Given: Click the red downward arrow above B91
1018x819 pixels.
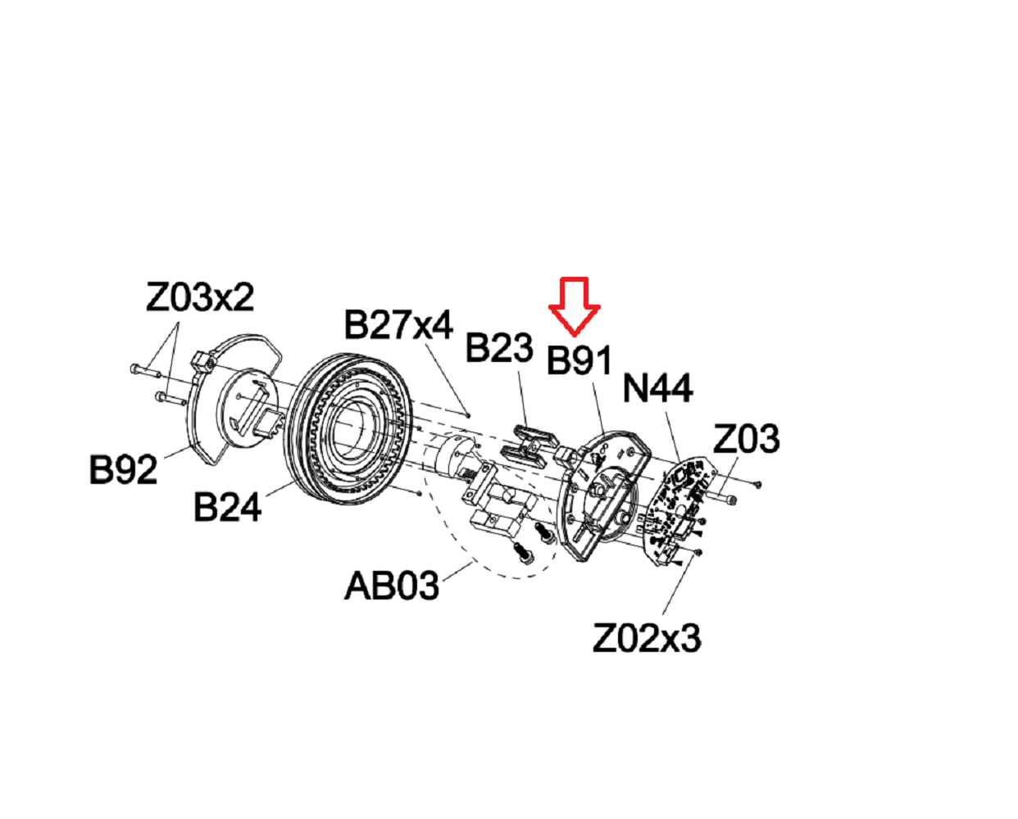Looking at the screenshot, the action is pyautogui.click(x=574, y=305).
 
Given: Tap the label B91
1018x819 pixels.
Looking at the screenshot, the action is pyautogui.click(x=579, y=360).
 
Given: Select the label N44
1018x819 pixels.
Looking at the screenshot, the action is pyautogui.click(x=657, y=388).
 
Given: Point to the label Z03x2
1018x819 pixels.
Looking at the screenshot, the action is pyautogui.click(x=200, y=296).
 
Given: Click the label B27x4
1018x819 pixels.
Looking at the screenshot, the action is pyautogui.click(x=398, y=325).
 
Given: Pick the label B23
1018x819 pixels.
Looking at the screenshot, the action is pyautogui.click(x=499, y=348).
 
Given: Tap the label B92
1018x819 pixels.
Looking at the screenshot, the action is pyautogui.click(x=123, y=469).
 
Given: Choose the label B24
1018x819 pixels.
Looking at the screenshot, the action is pyautogui.click(x=227, y=507).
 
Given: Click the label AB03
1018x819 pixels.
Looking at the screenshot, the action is pyautogui.click(x=392, y=586).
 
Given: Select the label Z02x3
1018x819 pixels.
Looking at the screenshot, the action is pyautogui.click(x=647, y=638).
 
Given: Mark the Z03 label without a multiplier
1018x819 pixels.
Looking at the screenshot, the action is pyautogui.click(x=746, y=440).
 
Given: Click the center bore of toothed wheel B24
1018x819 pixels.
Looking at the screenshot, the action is pyautogui.click(x=348, y=429).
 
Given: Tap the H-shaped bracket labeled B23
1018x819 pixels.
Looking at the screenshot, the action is pyautogui.click(x=525, y=443).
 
